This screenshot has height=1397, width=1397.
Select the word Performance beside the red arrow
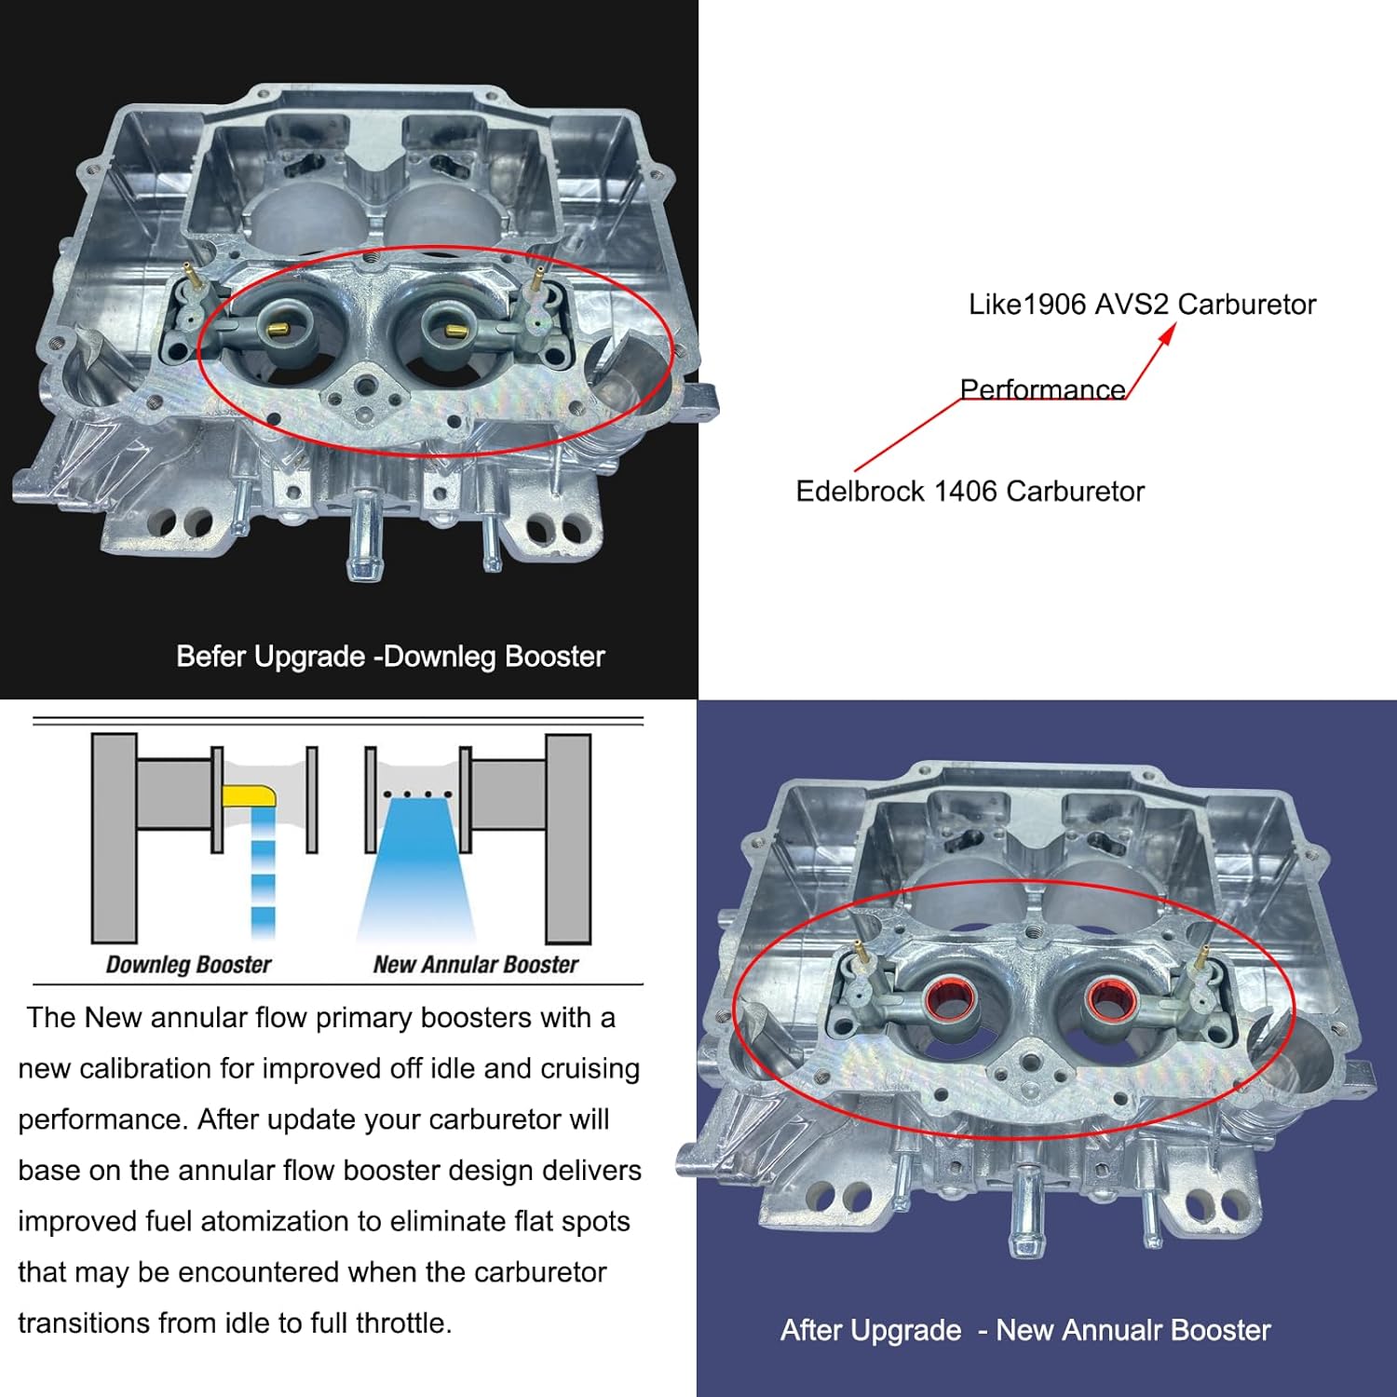point(1042,389)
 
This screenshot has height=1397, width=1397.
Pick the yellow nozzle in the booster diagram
point(249,796)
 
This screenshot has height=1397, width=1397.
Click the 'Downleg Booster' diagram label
point(188,965)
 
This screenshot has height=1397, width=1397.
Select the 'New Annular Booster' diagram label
point(475,965)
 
